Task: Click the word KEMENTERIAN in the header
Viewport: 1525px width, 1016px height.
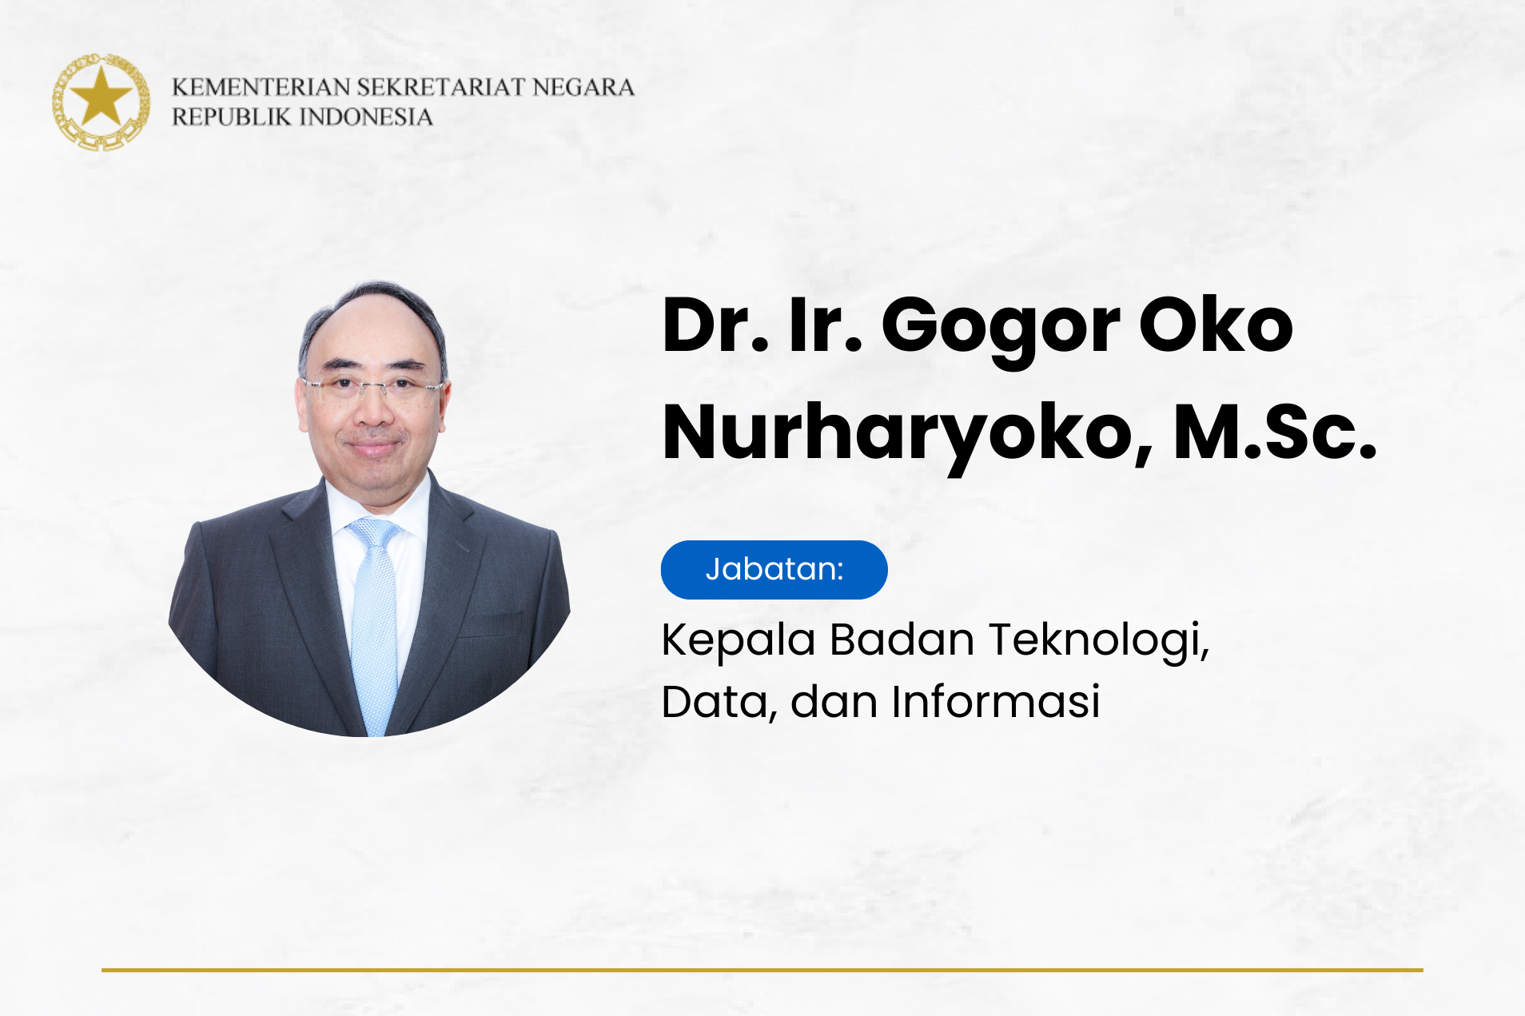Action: (x=261, y=87)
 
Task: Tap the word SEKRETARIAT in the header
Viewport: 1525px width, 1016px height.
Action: (x=441, y=87)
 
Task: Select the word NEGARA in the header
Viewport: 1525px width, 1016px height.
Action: (x=583, y=87)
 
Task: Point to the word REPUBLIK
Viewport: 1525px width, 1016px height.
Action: (x=232, y=117)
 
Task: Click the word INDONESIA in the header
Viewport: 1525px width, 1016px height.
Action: (x=366, y=117)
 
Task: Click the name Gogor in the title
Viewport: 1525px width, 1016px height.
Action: (x=1001, y=328)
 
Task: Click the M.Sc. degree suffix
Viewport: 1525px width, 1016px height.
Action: (x=1275, y=432)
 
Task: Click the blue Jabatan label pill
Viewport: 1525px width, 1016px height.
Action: (x=774, y=570)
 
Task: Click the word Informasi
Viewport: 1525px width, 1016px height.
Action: (x=996, y=701)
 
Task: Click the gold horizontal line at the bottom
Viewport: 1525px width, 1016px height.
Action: (x=762, y=970)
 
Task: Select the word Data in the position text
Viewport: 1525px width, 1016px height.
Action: (x=715, y=702)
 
